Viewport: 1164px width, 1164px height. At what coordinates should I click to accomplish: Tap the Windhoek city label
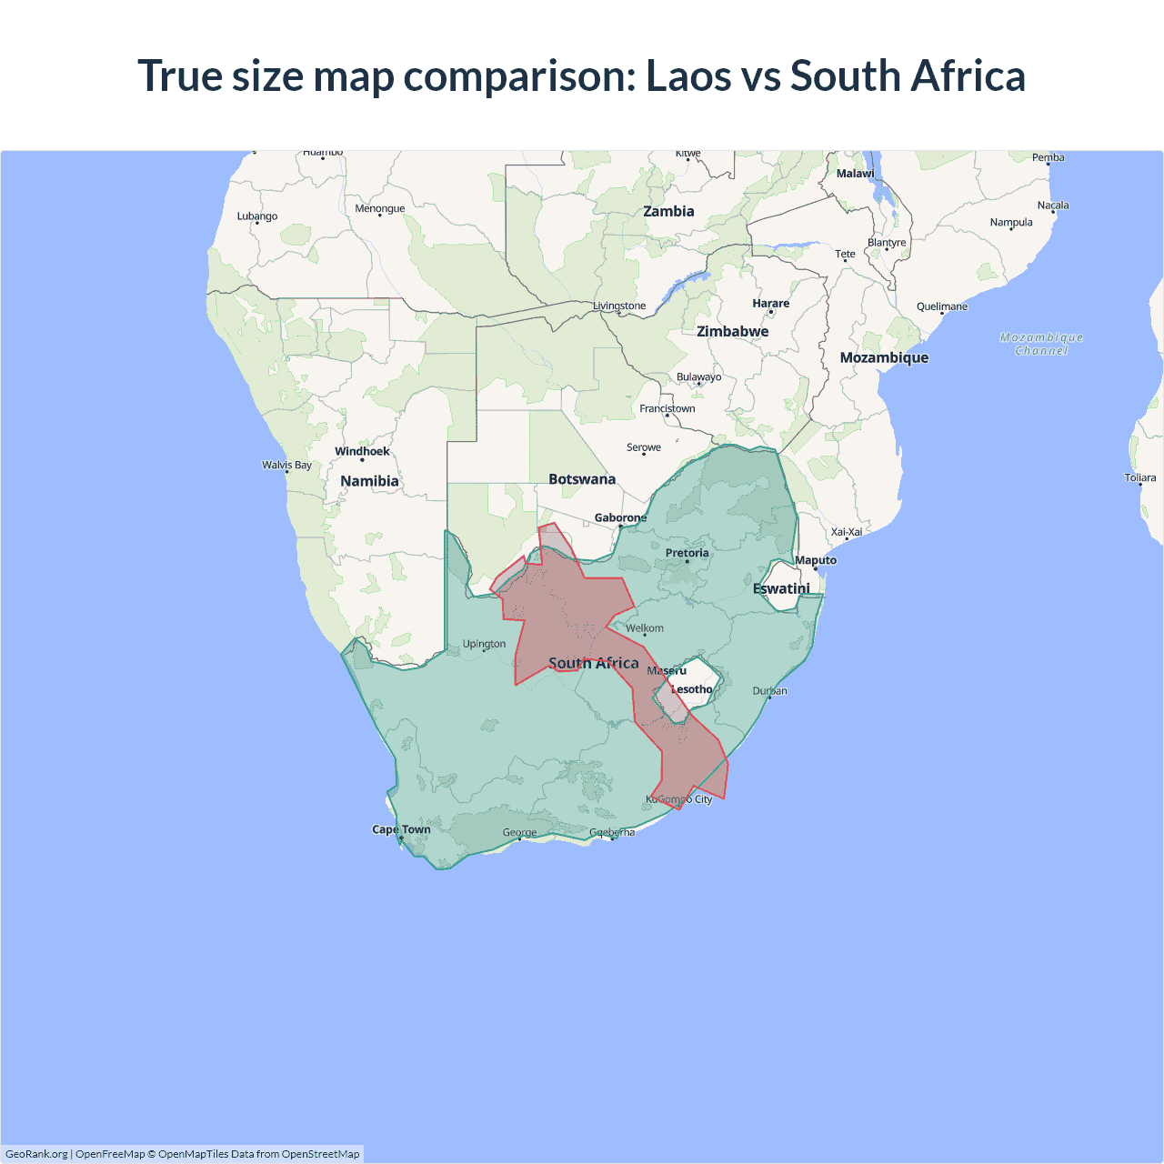pyautogui.click(x=362, y=451)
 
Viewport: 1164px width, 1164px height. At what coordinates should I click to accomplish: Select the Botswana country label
pyautogui.click(x=582, y=479)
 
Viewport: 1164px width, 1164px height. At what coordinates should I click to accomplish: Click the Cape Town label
pyautogui.click(x=401, y=829)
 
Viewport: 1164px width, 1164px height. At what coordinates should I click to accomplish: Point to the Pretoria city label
pyautogui.click(x=687, y=553)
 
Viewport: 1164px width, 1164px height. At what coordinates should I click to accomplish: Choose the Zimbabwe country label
pyautogui.click(x=732, y=331)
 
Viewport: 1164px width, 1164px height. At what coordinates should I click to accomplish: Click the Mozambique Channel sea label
pyautogui.click(x=1041, y=344)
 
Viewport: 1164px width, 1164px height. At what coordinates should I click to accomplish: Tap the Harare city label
pyautogui.click(x=770, y=304)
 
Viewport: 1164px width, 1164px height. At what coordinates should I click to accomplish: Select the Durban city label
pyautogui.click(x=769, y=691)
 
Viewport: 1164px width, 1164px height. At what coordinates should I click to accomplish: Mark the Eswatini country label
pyautogui.click(x=781, y=588)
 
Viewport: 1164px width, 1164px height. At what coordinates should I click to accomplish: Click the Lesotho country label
pyautogui.click(x=692, y=689)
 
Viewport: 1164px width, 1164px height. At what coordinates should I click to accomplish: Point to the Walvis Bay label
pyautogui.click(x=286, y=465)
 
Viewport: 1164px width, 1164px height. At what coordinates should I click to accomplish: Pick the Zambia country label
pyautogui.click(x=668, y=211)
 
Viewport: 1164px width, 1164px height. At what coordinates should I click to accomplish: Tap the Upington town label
pyautogui.click(x=484, y=644)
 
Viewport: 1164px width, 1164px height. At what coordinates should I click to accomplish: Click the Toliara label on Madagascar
pyautogui.click(x=1139, y=477)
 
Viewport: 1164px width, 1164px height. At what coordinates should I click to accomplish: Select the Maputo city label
pyautogui.click(x=816, y=560)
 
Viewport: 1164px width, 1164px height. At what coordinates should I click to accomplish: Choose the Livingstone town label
pyautogui.click(x=619, y=306)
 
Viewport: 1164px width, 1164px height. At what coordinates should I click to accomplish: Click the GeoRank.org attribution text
pyautogui.click(x=36, y=1154)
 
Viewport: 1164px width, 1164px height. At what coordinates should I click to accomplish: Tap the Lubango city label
pyautogui.click(x=257, y=216)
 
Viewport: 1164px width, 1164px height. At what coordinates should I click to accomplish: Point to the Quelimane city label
pyautogui.click(x=942, y=306)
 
